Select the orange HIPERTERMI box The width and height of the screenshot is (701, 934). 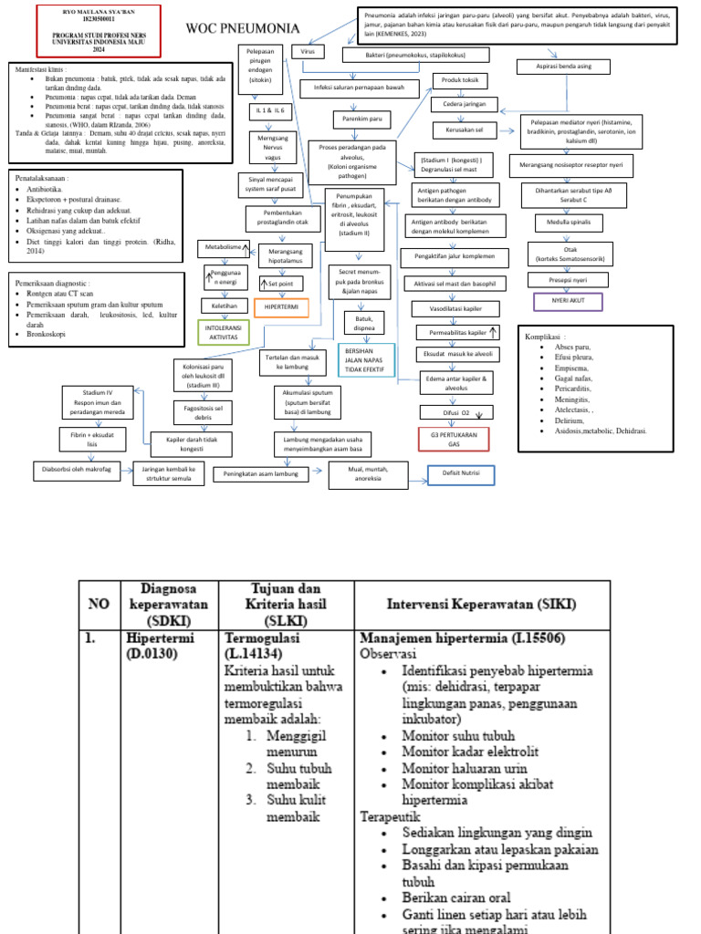pos(281,307)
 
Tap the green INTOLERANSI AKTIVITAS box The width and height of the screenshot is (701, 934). pos(224,332)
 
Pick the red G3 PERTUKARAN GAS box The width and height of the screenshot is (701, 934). pos(454,439)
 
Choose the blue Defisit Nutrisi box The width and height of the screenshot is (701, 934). pos(461,475)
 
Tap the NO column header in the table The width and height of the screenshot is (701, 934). pos(99,604)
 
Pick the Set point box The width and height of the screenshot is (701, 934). pos(281,284)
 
